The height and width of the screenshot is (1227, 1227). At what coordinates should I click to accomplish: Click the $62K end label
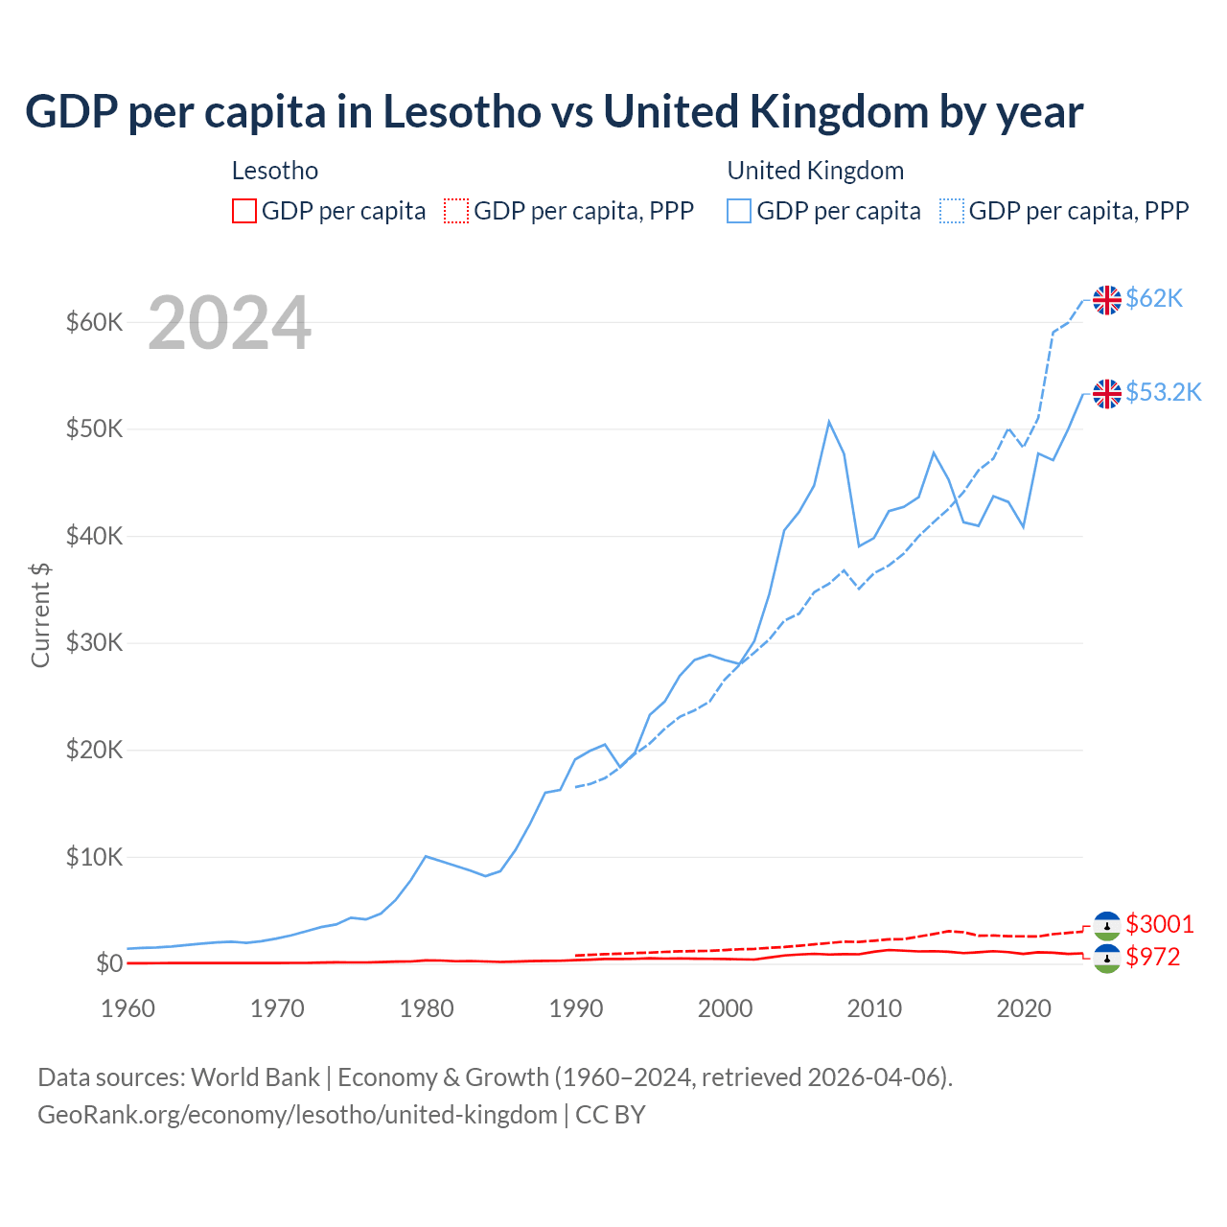point(1154,299)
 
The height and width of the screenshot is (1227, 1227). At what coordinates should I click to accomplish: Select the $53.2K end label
point(1163,392)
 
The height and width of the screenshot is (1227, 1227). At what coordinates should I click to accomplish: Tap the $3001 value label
point(1160,924)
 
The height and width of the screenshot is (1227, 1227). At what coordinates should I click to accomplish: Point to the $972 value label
point(1153,957)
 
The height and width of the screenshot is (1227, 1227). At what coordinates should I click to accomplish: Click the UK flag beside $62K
point(1107,300)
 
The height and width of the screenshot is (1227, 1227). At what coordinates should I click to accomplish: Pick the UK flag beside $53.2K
point(1107,393)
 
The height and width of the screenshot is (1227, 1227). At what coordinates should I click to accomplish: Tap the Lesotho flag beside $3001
point(1107,925)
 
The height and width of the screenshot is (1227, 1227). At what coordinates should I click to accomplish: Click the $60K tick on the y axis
point(94,322)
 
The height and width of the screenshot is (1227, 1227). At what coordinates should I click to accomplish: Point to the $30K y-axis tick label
point(94,642)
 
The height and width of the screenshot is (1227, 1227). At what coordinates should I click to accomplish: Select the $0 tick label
point(109,963)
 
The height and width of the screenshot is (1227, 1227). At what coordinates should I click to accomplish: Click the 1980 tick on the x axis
point(427,1008)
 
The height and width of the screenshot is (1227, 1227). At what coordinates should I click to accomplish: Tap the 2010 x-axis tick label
point(874,1008)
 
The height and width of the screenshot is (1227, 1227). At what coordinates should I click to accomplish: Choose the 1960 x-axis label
point(127,1008)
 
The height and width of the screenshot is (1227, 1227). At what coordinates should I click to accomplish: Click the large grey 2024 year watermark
point(229,323)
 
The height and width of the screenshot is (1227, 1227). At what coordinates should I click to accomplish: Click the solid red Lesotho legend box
point(244,211)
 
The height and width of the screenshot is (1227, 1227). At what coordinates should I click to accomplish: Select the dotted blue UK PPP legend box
point(952,211)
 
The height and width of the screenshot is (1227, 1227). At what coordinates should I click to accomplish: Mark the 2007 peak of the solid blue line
point(829,422)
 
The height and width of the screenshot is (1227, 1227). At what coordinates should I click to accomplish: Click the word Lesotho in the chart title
point(462,112)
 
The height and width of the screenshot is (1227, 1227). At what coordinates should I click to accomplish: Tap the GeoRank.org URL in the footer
point(297,1115)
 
